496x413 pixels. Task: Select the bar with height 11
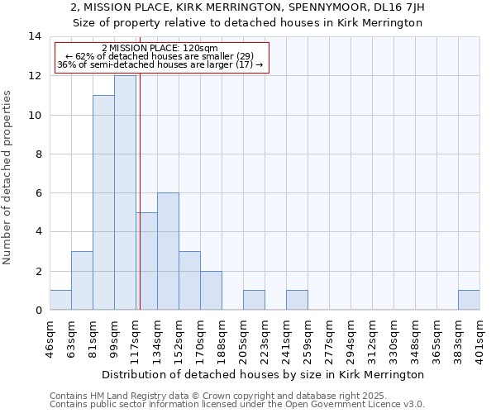tap(103, 202)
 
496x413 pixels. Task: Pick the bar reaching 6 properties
tap(168, 251)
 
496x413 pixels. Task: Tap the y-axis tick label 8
tap(38, 154)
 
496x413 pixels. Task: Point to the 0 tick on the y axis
tap(38, 310)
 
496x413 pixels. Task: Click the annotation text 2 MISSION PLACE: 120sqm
tap(160, 49)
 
